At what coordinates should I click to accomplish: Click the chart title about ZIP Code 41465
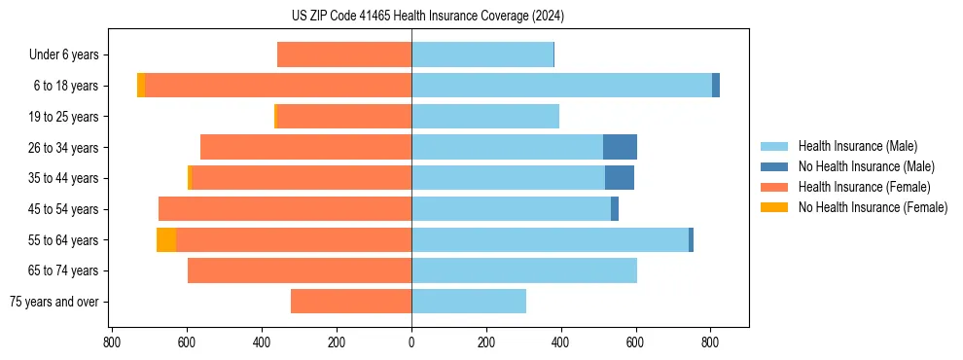coord(427,16)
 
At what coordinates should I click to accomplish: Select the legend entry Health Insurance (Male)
coord(857,146)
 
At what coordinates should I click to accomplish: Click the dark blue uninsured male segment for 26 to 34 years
coord(620,147)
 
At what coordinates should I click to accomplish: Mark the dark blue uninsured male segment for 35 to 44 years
coord(619,178)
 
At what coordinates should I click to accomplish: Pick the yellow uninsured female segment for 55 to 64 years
coord(166,239)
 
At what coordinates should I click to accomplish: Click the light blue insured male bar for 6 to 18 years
coord(561,86)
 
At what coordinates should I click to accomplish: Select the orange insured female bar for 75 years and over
coord(351,302)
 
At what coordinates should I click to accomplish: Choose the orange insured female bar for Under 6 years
coord(344,55)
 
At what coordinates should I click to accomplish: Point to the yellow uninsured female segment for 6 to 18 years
coord(141,86)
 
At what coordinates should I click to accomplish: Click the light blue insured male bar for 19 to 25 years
coord(485,117)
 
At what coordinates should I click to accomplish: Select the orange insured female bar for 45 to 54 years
coord(285,209)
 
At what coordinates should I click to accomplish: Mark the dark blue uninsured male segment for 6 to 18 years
coord(716,86)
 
